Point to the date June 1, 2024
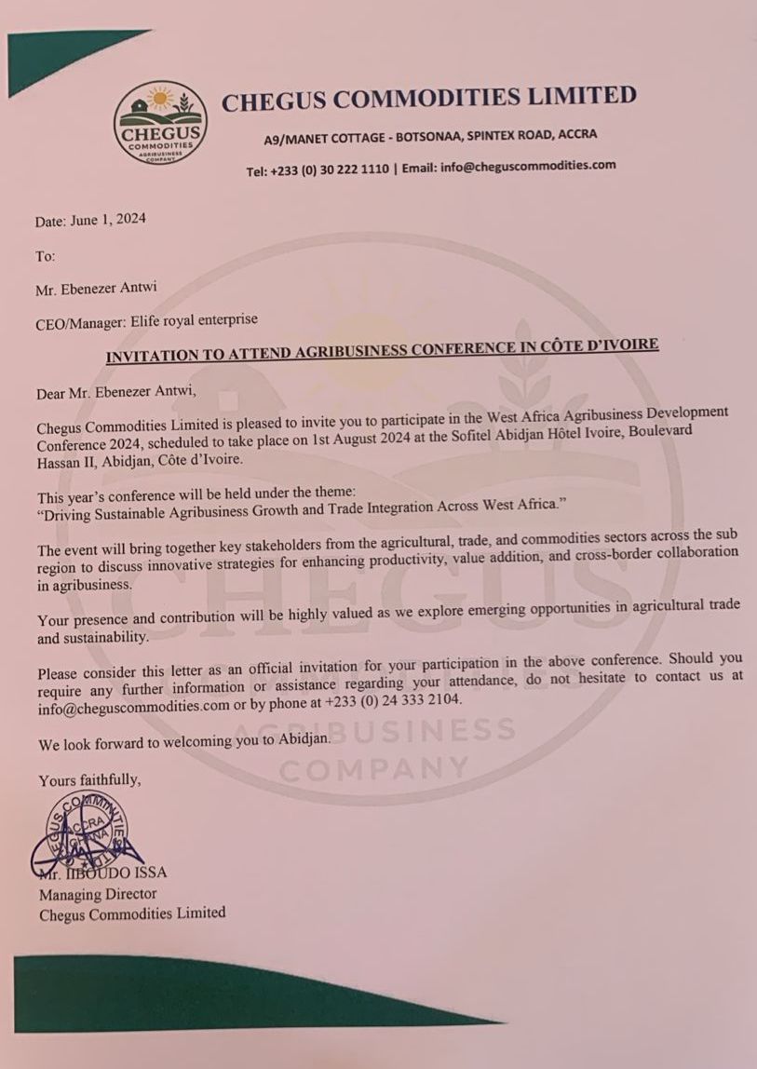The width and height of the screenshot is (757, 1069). click(109, 221)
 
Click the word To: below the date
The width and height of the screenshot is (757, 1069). click(46, 255)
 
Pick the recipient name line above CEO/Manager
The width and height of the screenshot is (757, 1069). click(89, 289)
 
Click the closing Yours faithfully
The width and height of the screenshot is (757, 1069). click(90, 779)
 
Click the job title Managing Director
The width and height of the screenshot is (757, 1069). click(98, 894)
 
